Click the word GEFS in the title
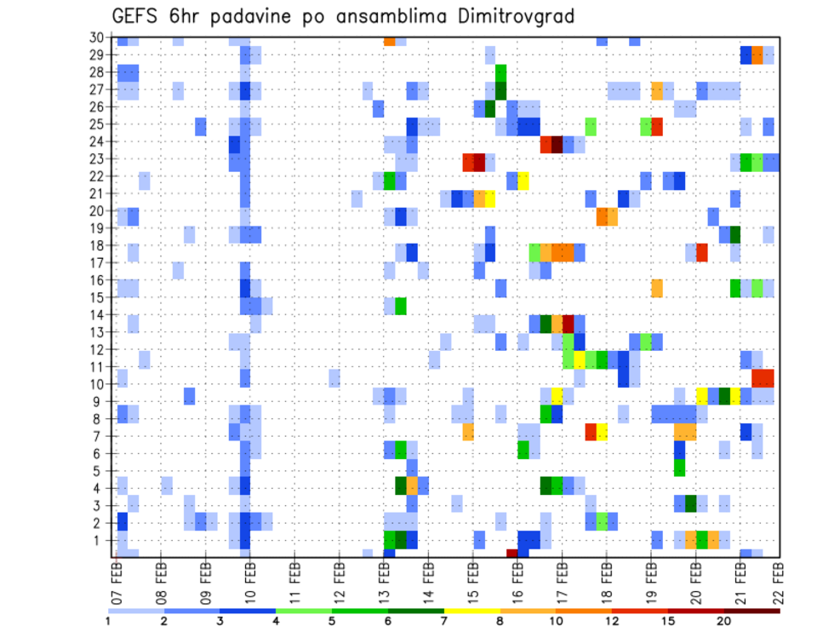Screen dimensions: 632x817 click(139, 16)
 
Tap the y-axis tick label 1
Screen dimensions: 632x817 click(100, 539)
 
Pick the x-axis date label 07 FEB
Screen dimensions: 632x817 click(117, 578)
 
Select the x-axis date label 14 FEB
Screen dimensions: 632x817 click(426, 578)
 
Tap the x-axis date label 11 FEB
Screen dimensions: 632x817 click(294, 578)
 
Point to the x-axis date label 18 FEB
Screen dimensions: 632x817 click(603, 578)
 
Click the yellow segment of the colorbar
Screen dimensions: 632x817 click(471, 610)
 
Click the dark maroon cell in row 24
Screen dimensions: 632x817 click(557, 144)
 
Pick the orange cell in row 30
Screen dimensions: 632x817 click(389, 40)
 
